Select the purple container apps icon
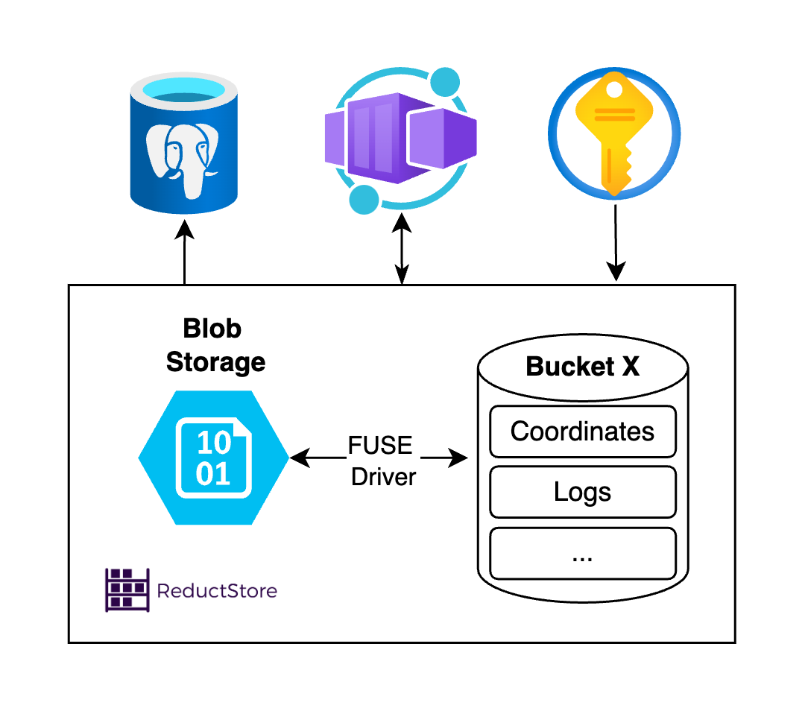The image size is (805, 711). pyautogui.click(x=400, y=138)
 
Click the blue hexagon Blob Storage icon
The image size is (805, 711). pyautogui.click(x=214, y=458)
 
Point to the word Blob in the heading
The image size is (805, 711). pyautogui.click(x=212, y=329)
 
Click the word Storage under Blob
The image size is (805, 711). pyautogui.click(x=215, y=362)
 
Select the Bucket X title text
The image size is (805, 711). pyautogui.click(x=582, y=367)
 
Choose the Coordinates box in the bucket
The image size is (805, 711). pyautogui.click(x=582, y=432)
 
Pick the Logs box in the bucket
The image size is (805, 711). pyautogui.click(x=582, y=492)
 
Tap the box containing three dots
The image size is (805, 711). pyautogui.click(x=582, y=553)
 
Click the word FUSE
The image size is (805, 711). pyautogui.click(x=380, y=446)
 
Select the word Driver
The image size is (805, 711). pyautogui.click(x=383, y=476)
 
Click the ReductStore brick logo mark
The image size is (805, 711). pyautogui.click(x=127, y=590)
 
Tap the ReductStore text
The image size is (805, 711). pyautogui.click(x=217, y=591)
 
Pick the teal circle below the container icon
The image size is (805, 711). pyautogui.click(x=364, y=198)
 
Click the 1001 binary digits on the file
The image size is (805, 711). pyautogui.click(x=213, y=458)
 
